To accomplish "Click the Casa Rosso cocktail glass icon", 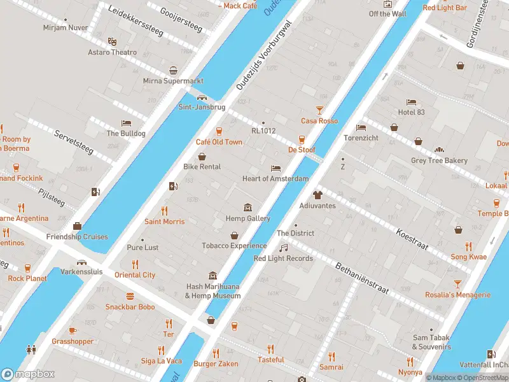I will (319, 110).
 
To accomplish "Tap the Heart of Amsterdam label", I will (275, 179).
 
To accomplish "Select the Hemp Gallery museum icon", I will (248, 208).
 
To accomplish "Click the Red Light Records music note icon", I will (284, 247).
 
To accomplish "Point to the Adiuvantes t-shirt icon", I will (317, 195).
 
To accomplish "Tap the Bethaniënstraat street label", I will (361, 278).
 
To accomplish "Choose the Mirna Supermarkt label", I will (173, 81).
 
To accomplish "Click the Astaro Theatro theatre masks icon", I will (112, 41).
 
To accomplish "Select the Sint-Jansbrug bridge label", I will (202, 107).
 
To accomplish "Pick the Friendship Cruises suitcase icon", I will (77, 226).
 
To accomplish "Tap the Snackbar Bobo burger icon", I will (130, 296).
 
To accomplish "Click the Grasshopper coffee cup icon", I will (73, 330).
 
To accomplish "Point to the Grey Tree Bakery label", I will (439, 161).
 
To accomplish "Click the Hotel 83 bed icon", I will (411, 102).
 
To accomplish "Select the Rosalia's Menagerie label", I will (457, 295).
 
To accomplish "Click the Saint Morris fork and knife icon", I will (164, 210).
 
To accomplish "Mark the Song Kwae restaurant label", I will (468, 257).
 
